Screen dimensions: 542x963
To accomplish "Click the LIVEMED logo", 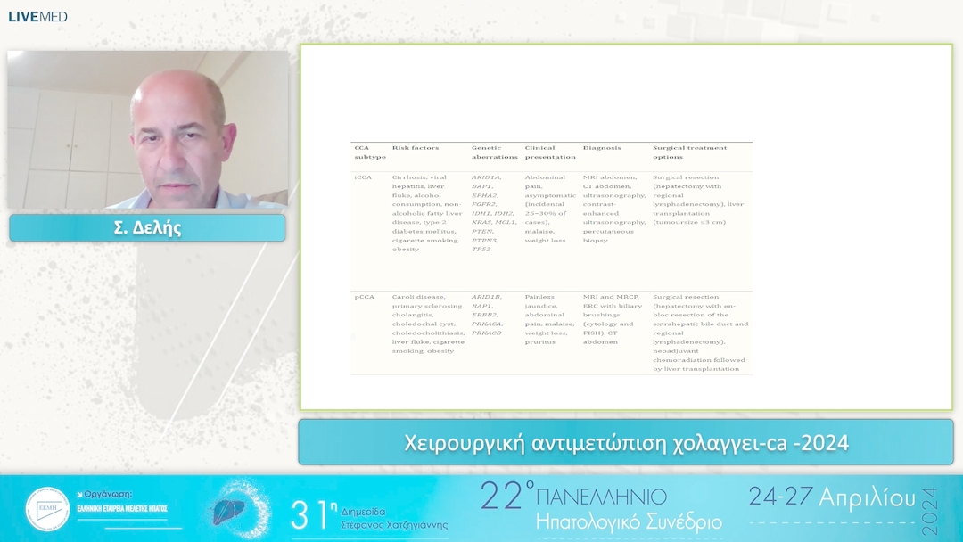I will click(37, 16).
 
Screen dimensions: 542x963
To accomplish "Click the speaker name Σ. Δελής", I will click(147, 227).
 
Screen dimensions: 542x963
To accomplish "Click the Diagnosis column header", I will click(602, 148).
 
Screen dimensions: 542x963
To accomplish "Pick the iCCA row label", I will click(363, 177).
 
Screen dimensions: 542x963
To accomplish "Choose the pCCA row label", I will click(363, 297).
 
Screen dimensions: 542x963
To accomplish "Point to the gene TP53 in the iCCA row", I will click(481, 250).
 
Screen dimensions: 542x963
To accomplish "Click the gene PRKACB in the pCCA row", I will click(487, 333).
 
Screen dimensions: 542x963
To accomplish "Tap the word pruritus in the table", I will click(539, 341).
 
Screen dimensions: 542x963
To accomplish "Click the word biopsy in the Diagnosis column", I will click(596, 241).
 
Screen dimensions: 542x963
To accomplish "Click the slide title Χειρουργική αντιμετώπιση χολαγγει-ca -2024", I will click(626, 442).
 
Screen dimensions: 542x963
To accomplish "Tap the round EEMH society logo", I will click(47, 509).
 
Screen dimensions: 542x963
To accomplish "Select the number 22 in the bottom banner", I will click(500, 497).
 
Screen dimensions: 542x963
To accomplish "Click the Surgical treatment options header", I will click(689, 152).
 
